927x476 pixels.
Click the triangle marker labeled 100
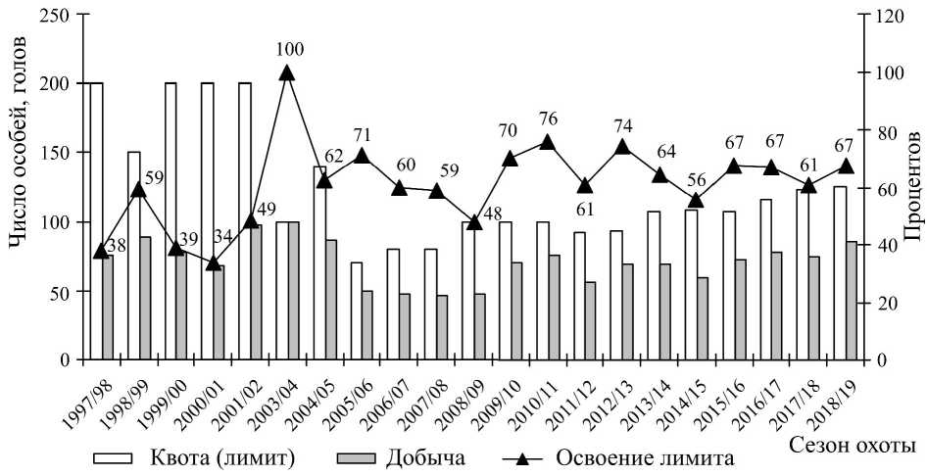[x=286, y=72]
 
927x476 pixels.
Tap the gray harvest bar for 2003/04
[x=294, y=291]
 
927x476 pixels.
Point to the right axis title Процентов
[x=913, y=186]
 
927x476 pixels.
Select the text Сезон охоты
[x=852, y=446]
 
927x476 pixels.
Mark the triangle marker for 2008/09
[x=473, y=222]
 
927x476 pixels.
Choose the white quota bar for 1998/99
[x=133, y=256]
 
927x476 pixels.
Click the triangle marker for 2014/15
[x=697, y=201]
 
